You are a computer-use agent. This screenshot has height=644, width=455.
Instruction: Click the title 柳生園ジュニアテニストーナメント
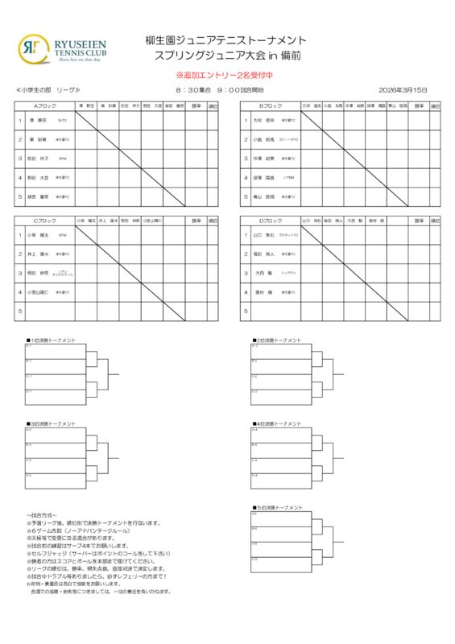(226, 41)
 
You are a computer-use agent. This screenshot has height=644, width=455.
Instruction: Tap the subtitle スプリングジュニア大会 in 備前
(226, 56)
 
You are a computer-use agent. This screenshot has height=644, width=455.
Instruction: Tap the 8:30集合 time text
(192, 89)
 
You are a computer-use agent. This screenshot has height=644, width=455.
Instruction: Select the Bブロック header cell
(270, 105)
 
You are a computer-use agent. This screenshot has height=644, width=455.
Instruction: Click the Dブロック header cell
(270, 220)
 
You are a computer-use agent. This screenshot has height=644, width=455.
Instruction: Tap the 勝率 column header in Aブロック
(196, 105)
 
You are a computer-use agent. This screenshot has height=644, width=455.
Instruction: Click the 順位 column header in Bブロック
(437, 105)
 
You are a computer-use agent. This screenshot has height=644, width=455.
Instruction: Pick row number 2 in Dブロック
(246, 254)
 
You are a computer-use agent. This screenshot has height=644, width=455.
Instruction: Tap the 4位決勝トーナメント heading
(277, 423)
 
